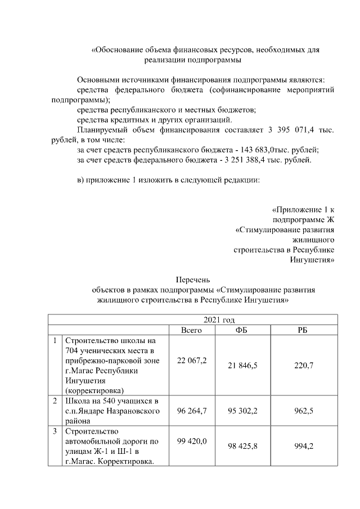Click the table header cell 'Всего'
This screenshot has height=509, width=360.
click(x=191, y=330)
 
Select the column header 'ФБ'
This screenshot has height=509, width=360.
click(x=242, y=330)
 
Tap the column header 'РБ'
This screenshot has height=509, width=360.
click(x=303, y=330)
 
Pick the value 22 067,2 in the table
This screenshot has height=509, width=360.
click(x=191, y=360)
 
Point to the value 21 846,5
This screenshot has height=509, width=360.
click(x=242, y=365)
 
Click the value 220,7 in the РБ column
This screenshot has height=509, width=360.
click(x=304, y=365)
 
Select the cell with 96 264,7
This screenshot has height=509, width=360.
click(x=191, y=411)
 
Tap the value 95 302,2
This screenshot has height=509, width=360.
click(x=242, y=411)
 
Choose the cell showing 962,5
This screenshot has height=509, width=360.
click(x=304, y=411)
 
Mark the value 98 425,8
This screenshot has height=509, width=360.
click(x=242, y=446)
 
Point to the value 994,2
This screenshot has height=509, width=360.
click(x=304, y=446)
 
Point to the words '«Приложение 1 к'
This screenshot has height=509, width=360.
click(x=303, y=210)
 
